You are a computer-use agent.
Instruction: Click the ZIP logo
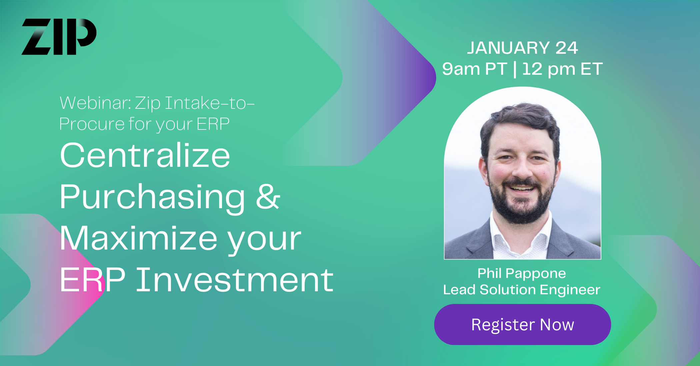coord(59,37)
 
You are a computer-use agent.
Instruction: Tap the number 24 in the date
coord(566,48)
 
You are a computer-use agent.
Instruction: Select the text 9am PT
coord(474,69)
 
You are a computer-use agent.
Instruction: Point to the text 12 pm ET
coord(562,69)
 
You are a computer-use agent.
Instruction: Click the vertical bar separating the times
coord(515,69)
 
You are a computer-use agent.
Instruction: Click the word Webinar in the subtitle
coord(95,103)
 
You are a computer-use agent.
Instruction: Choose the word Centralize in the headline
coord(145,155)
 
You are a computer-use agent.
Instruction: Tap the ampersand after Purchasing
coord(268,197)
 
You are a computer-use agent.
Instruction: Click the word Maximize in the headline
coord(138,238)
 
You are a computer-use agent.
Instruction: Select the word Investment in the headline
coord(235,280)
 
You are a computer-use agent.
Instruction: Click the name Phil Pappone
coord(522,274)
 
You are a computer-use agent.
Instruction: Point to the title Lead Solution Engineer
coord(522,290)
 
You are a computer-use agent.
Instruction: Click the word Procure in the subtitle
coord(92,124)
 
